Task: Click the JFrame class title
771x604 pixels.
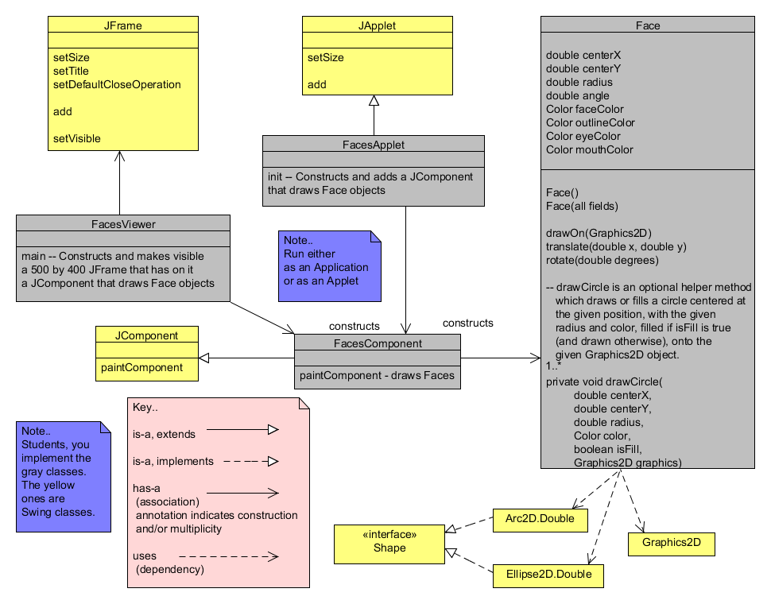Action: point(123,25)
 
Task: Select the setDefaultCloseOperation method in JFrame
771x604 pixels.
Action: point(117,84)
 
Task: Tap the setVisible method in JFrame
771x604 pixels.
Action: point(77,138)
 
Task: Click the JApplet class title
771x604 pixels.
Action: point(377,25)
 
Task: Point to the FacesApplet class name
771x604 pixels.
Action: point(373,145)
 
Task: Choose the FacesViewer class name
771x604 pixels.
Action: point(123,224)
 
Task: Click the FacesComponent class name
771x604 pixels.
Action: point(378,343)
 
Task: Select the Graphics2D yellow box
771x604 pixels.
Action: point(671,544)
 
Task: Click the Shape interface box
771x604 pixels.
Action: point(389,540)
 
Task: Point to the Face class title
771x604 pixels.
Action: point(648,25)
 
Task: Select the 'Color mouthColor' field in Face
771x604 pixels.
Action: point(590,149)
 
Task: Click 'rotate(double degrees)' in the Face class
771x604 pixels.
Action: point(603,260)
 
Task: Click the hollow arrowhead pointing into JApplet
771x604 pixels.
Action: point(374,100)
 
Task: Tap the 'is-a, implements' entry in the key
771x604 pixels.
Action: point(173,461)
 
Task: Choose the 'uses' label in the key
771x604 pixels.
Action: point(148,556)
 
